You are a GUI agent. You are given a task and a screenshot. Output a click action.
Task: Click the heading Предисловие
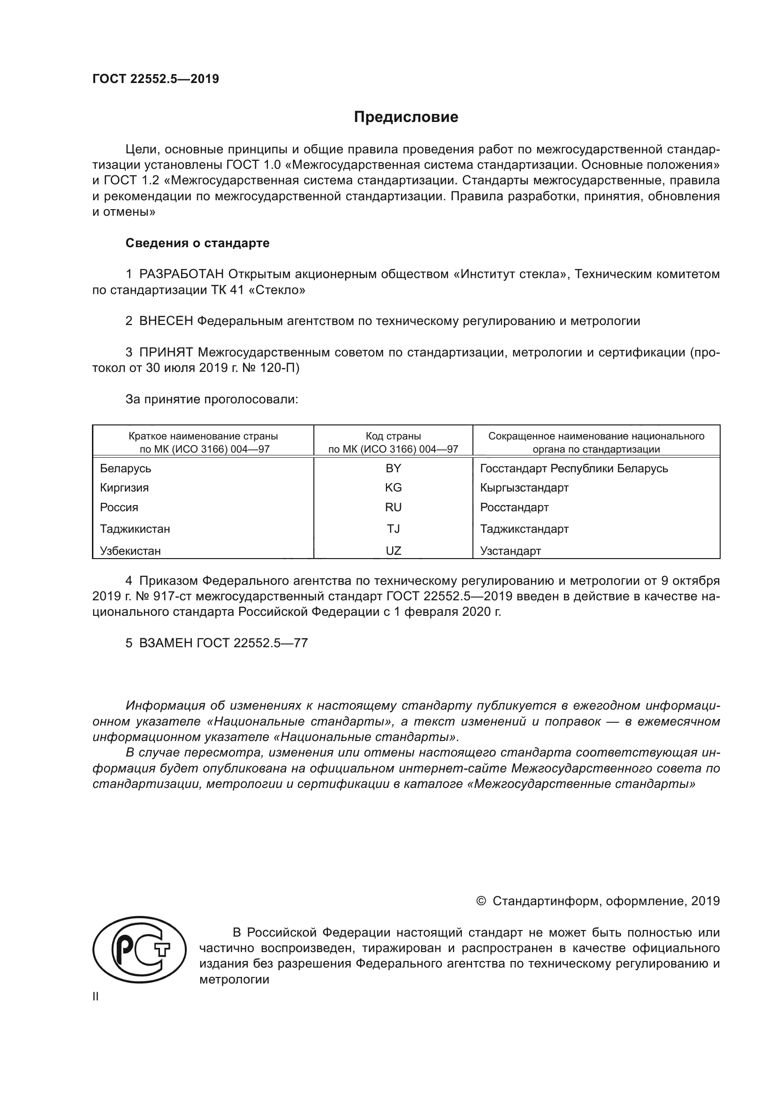click(x=406, y=117)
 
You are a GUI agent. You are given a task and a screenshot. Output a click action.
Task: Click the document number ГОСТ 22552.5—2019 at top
click(x=156, y=79)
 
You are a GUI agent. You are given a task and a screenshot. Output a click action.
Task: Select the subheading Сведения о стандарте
click(x=198, y=243)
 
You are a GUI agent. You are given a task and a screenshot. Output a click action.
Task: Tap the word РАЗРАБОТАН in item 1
click(x=182, y=274)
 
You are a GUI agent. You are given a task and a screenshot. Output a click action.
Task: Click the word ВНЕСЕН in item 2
click(x=166, y=321)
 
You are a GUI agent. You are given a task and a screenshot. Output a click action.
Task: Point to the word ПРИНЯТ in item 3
click(x=166, y=353)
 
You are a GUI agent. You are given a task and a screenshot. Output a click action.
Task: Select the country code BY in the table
click(x=393, y=468)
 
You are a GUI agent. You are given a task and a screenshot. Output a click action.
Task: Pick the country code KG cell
click(x=393, y=488)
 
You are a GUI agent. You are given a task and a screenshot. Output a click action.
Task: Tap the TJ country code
click(x=393, y=529)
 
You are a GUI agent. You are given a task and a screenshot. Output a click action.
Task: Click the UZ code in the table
click(x=393, y=551)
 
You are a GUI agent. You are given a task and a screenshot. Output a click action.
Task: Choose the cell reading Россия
click(x=119, y=507)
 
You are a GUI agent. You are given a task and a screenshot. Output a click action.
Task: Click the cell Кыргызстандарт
click(x=524, y=488)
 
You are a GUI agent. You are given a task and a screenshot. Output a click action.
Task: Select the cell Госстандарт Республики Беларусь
click(x=574, y=468)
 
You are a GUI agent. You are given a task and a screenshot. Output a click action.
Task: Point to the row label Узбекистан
click(x=130, y=551)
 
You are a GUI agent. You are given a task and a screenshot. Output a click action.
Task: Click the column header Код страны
click(x=393, y=436)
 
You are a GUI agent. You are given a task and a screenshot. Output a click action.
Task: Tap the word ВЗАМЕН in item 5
click(x=166, y=643)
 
